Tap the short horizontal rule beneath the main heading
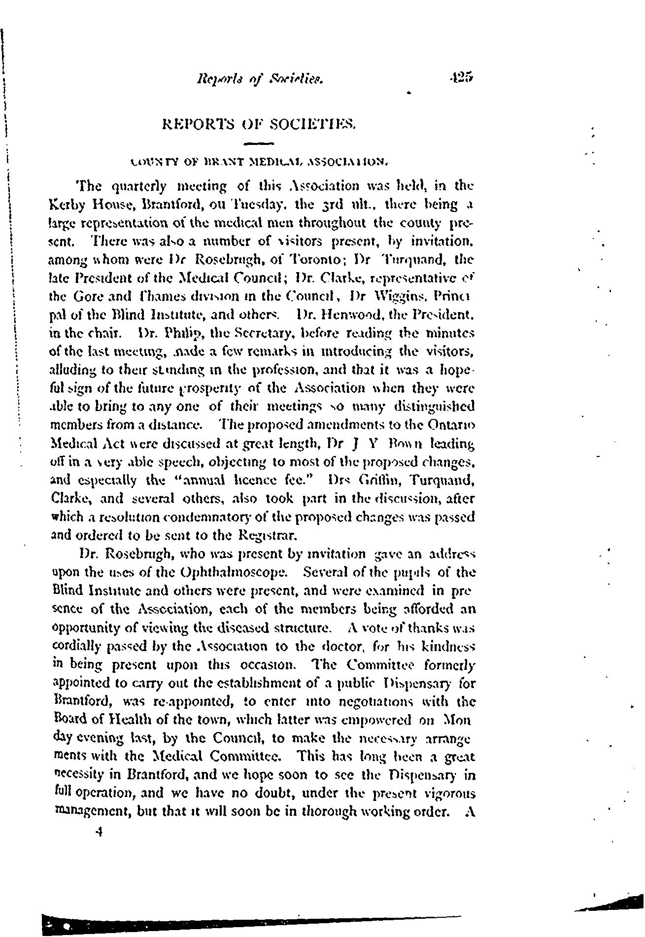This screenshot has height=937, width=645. click(x=259, y=144)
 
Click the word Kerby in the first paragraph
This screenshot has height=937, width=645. click(x=69, y=204)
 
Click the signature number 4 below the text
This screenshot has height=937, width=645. click(x=100, y=832)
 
